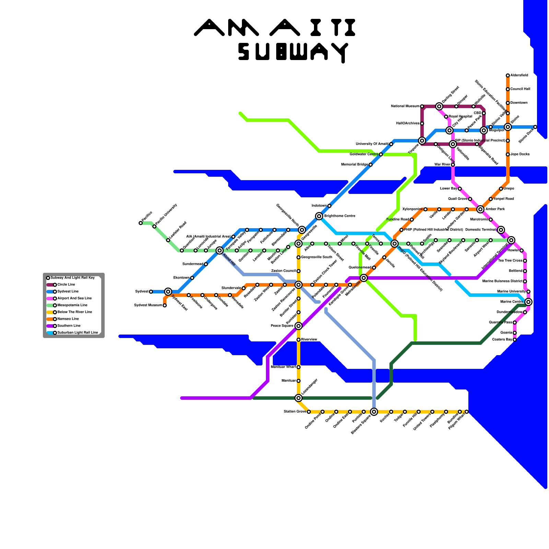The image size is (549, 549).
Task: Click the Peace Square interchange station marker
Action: [x=299, y=326]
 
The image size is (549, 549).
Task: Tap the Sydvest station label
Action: [x=141, y=292]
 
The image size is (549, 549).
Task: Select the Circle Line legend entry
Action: [x=66, y=285]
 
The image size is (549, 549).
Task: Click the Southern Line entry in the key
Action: [x=69, y=326]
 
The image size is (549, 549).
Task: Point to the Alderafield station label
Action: [x=519, y=75]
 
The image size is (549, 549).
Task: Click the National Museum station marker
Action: [x=422, y=106]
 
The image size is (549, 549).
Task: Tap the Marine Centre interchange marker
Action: [x=528, y=302]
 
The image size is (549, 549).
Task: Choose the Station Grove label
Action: [x=295, y=412]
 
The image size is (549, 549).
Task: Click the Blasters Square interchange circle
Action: [x=374, y=411]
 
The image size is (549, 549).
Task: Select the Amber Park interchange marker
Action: [x=480, y=209]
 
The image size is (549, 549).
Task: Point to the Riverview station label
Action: [x=309, y=340]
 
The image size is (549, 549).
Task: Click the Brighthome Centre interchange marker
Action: [x=319, y=216]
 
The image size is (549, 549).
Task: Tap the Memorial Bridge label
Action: [x=354, y=165]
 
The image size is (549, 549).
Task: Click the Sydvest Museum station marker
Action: [x=165, y=305]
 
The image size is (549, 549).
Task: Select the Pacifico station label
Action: [x=147, y=218]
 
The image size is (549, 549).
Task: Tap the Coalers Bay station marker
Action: [x=515, y=340]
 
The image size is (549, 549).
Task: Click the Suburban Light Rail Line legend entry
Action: [x=78, y=333]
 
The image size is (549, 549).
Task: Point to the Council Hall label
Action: [x=520, y=89]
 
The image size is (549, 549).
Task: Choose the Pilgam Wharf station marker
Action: [x=467, y=412]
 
